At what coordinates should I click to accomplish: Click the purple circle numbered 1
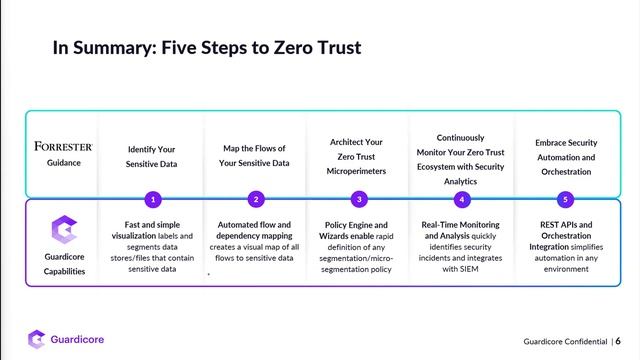pyautogui.click(x=153, y=200)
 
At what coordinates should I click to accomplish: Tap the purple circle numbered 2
pyautogui.click(x=256, y=200)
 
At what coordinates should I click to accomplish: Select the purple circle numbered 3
pyautogui.click(x=359, y=200)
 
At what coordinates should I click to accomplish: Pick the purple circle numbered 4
pyautogui.click(x=462, y=200)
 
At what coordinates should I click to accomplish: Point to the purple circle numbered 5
pyautogui.click(x=565, y=200)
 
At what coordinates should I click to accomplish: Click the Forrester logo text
pyautogui.click(x=63, y=146)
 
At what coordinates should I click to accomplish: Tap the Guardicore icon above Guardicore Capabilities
pyautogui.click(x=64, y=229)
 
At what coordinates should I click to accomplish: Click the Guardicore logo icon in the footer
pyautogui.click(x=36, y=339)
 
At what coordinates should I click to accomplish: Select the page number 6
pyautogui.click(x=618, y=341)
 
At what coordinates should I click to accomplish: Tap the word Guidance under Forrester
pyautogui.click(x=64, y=162)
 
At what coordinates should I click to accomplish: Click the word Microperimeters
pyautogui.click(x=356, y=171)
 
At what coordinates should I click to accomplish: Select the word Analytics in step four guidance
pyautogui.click(x=460, y=181)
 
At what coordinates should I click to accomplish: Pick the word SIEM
pyautogui.click(x=469, y=269)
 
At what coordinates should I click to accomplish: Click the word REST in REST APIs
pyautogui.click(x=549, y=224)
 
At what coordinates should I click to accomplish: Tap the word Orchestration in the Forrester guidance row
pyautogui.click(x=566, y=172)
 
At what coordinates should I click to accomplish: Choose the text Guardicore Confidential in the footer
pyautogui.click(x=565, y=341)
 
